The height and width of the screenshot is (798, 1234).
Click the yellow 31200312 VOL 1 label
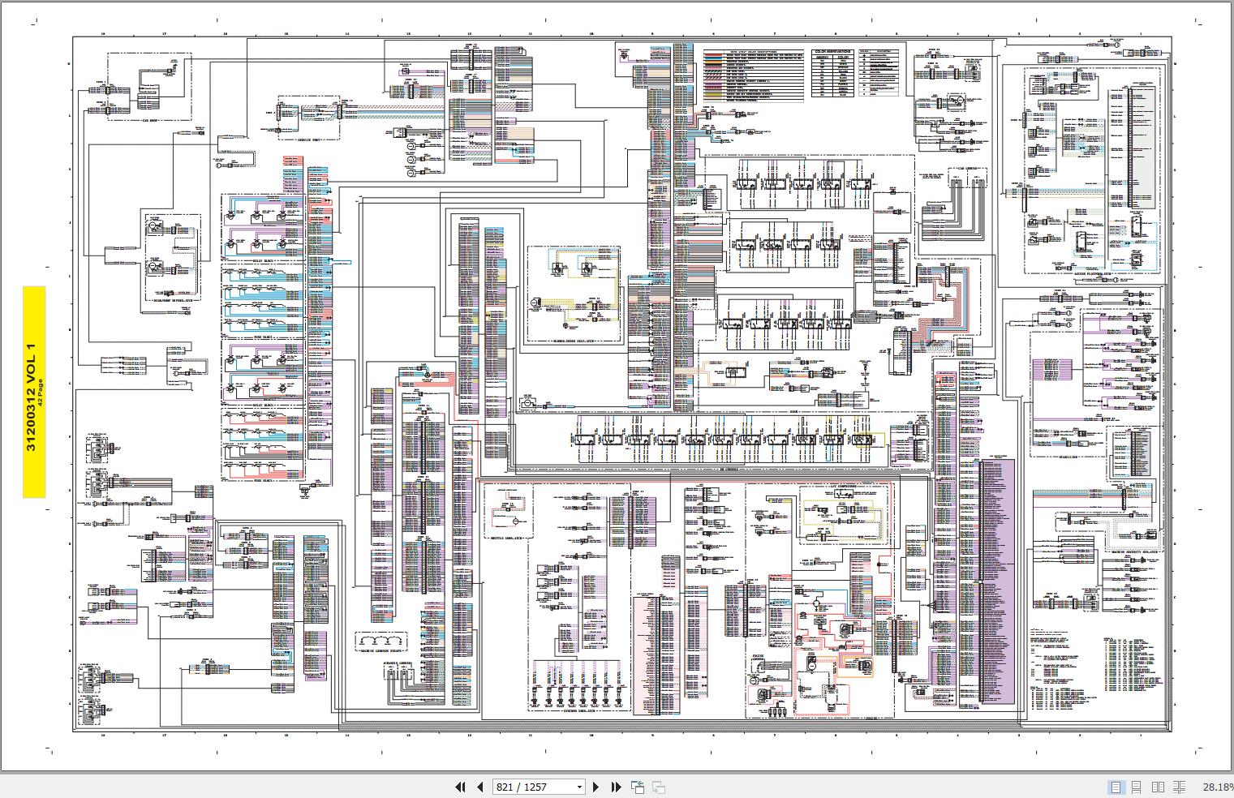(x=33, y=392)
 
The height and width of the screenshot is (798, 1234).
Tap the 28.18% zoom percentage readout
(x=1217, y=787)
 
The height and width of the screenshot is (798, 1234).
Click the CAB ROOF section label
(x=149, y=119)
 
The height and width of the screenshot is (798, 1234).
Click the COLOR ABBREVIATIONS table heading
(x=835, y=49)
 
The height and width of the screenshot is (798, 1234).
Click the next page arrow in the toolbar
(x=596, y=787)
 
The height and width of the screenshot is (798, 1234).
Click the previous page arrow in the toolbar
(x=479, y=787)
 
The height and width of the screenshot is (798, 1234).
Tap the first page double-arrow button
(x=460, y=787)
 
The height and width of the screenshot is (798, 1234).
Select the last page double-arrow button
(x=616, y=787)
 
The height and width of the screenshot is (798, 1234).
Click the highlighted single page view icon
(x=1116, y=787)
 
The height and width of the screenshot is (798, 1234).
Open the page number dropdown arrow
(x=579, y=787)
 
